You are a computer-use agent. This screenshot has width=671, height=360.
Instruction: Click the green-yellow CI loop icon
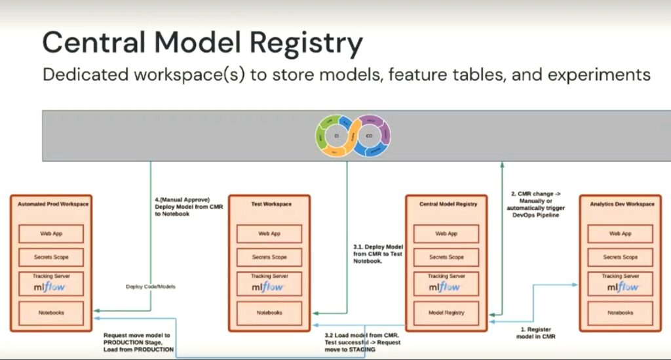tap(336, 136)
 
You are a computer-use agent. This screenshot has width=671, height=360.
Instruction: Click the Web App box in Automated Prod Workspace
tap(51, 233)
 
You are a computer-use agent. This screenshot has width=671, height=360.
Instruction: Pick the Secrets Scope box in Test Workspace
tap(269, 257)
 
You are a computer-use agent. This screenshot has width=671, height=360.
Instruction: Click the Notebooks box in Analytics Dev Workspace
tap(620, 313)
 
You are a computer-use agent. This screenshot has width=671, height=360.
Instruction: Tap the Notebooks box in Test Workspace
tap(269, 313)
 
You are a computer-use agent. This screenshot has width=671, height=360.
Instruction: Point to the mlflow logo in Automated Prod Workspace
tap(51, 287)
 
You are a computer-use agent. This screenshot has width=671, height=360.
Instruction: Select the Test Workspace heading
tap(269, 204)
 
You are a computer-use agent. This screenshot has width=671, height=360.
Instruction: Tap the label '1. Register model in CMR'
tap(535, 332)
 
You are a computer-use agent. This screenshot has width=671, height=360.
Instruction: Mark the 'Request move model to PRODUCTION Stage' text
tap(138, 342)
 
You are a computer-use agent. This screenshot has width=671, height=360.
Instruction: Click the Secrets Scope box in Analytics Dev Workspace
tap(620, 257)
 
